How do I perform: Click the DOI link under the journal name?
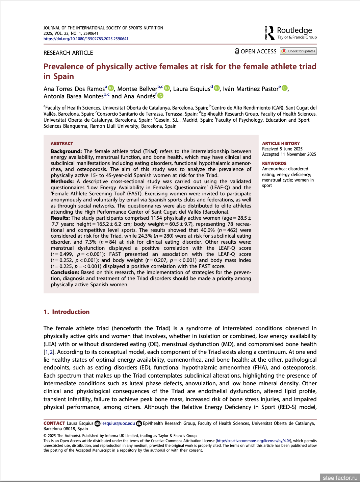point(86,39)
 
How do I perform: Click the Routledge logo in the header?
point(291,33)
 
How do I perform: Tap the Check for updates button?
point(299,51)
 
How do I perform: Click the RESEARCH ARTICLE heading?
point(68,53)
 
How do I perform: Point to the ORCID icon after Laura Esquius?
point(217,88)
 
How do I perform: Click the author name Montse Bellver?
point(137,89)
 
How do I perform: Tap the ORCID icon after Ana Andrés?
point(161,96)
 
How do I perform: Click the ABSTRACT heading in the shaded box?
point(62,144)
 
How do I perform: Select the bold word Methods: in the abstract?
point(62,182)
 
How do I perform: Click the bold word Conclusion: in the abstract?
point(65,272)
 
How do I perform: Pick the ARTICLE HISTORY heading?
point(281,144)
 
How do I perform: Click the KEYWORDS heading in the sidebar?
point(274,164)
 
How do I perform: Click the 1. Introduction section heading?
point(67,312)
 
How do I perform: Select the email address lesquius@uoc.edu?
point(118,423)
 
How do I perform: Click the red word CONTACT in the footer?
point(54,423)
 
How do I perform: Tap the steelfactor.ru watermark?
point(340,478)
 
